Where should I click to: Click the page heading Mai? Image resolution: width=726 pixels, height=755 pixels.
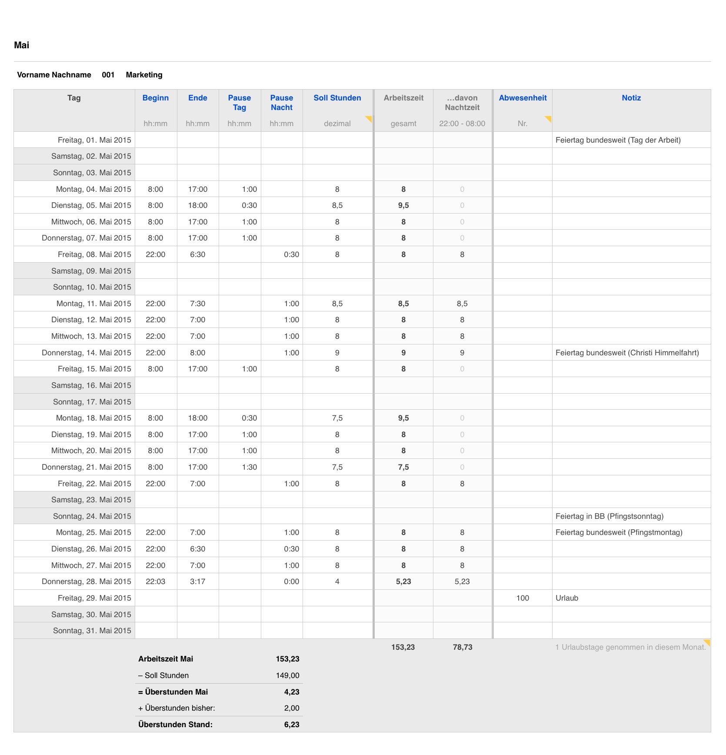point(21,45)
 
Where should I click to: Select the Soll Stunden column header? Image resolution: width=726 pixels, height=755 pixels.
point(337,98)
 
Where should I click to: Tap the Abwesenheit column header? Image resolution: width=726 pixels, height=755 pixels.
point(523,98)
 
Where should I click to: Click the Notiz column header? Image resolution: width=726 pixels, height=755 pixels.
point(631,98)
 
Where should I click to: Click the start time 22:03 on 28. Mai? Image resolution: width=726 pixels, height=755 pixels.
point(155,581)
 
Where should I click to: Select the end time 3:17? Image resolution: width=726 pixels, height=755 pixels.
point(197,581)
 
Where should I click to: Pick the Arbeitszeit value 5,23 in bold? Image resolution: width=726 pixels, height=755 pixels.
point(403,581)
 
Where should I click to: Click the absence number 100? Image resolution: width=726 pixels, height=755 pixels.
point(523,598)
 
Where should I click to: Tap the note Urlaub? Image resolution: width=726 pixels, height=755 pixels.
point(567,598)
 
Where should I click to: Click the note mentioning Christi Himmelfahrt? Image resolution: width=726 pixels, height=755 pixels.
point(627,353)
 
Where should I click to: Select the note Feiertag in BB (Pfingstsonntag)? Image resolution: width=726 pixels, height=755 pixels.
point(609,516)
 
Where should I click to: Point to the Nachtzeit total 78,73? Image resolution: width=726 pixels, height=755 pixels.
point(462,647)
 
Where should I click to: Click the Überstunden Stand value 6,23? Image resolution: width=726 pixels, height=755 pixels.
point(292,725)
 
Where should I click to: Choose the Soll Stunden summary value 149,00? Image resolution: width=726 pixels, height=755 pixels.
point(287,675)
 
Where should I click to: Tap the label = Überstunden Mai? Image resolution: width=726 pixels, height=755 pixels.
point(173,692)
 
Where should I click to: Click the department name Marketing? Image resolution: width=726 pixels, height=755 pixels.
point(144,75)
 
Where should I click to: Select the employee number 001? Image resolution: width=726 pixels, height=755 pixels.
point(108,75)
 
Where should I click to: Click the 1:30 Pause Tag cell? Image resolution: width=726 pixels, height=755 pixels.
point(249,467)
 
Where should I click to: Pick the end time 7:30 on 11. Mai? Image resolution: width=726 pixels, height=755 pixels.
point(197,304)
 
